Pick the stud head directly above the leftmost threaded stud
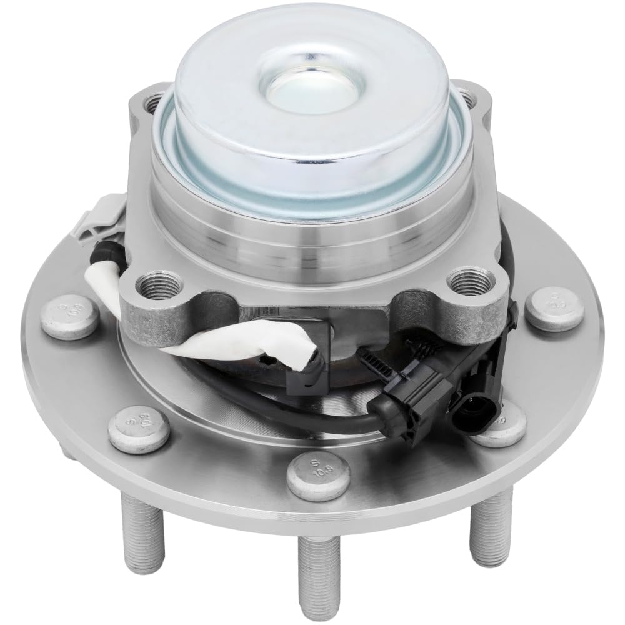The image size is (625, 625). tap(139, 429)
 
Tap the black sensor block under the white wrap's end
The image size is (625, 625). tap(306, 356)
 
